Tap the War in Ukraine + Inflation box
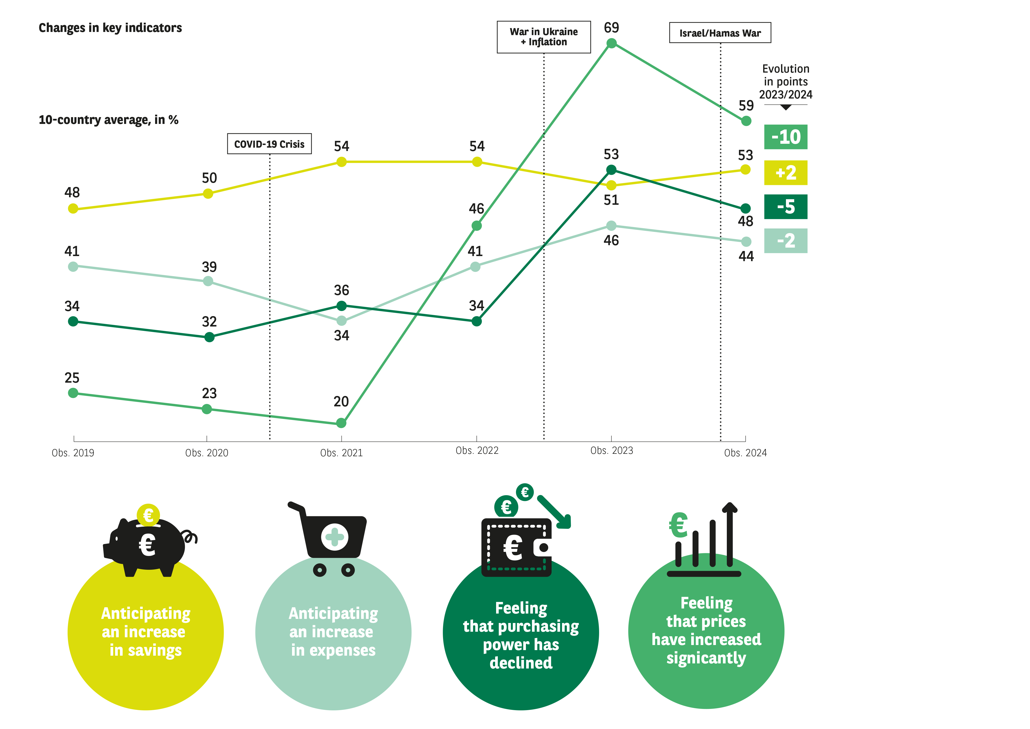point(543,37)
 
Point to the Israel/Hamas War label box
point(720,33)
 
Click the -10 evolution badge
point(785,137)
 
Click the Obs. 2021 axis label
point(341,453)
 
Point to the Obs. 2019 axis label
point(73,453)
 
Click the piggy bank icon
point(148,543)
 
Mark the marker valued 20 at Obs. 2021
point(341,423)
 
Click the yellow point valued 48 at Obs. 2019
point(73,209)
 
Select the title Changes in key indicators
point(110,28)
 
